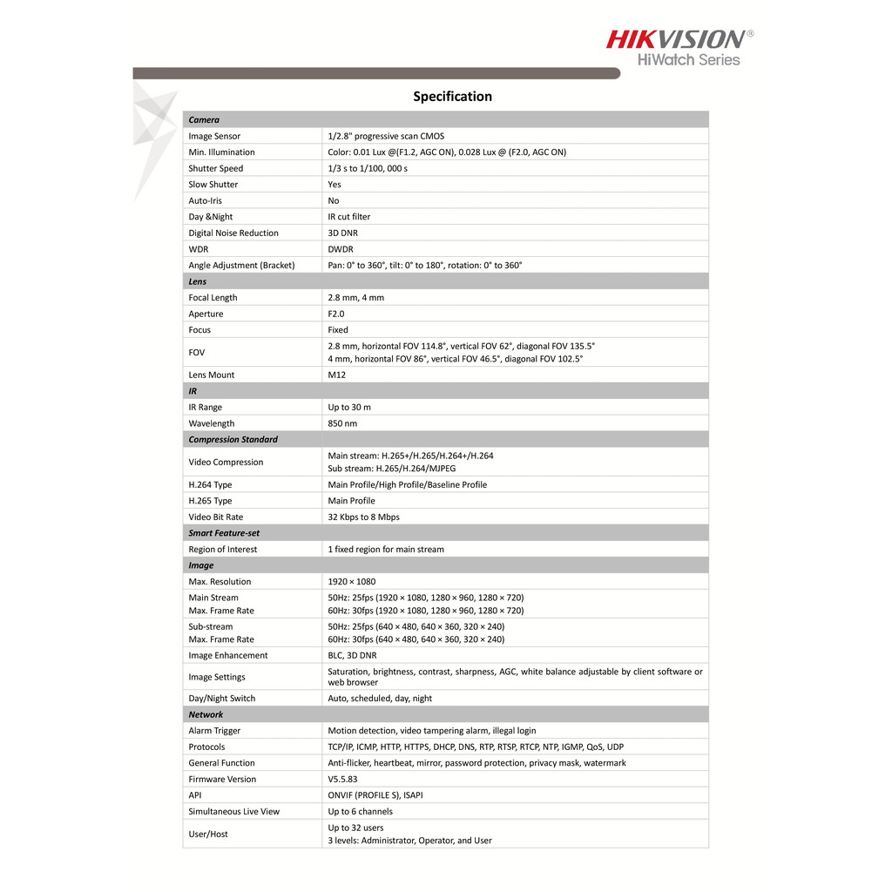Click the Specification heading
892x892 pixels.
point(452,97)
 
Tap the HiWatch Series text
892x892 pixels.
point(689,60)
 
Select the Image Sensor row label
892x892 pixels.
point(214,137)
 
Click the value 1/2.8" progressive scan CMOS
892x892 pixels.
point(386,137)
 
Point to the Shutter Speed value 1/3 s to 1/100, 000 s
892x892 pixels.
point(368,169)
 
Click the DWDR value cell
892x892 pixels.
point(341,249)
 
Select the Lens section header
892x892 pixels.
point(198,281)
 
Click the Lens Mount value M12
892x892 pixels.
point(336,375)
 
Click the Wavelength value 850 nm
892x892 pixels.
point(342,423)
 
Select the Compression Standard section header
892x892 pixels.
point(233,440)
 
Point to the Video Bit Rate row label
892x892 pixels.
point(216,517)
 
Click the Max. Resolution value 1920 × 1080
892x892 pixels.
point(351,582)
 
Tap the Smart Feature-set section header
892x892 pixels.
point(224,533)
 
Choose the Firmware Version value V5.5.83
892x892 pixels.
point(341,780)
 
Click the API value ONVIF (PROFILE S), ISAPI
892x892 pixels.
point(375,795)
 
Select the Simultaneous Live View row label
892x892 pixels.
point(234,812)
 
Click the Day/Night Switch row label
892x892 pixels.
point(222,699)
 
